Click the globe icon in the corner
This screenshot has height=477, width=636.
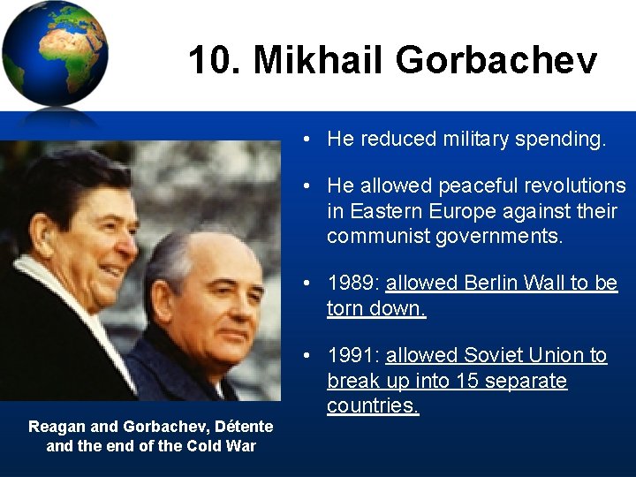tap(55, 55)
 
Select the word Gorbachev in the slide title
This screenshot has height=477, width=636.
tap(496, 61)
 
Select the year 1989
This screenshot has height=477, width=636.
tap(350, 284)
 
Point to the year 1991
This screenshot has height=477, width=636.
tap(350, 355)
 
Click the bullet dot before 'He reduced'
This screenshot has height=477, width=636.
tap(305, 140)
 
